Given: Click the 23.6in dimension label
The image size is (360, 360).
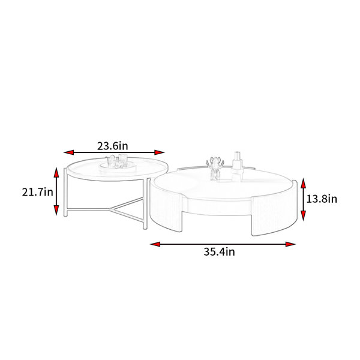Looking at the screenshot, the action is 113,146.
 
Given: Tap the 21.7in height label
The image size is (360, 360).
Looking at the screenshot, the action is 37,192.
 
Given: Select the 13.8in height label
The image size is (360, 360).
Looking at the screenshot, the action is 322,199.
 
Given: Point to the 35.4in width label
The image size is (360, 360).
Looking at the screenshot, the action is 219,251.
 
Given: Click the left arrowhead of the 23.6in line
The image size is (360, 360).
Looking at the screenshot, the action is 68,152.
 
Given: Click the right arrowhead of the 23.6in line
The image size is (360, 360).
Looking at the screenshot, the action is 160,152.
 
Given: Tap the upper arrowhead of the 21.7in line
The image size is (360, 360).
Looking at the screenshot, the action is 56,172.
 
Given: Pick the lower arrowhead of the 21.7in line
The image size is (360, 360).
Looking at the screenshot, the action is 56,211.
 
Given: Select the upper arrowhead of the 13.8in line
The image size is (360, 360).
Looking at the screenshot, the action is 303,183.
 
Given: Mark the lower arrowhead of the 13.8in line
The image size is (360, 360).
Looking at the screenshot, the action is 303,216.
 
